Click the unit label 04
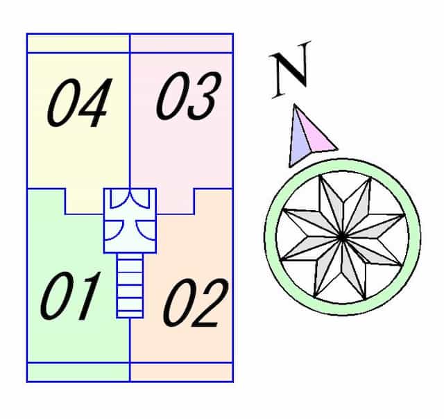coord(80,103)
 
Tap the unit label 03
coord(188,96)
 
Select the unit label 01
coord(71,296)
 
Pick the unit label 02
coord(196,302)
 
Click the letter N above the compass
coord(291,69)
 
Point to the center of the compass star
coord(342,237)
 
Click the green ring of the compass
coord(342,165)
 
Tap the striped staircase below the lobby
coord(130,285)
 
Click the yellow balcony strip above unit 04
coord(78,43)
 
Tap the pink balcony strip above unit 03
coord(181,43)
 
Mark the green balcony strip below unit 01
coord(78,372)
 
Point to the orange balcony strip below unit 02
coord(181,372)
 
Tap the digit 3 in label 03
coord(205,96)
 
